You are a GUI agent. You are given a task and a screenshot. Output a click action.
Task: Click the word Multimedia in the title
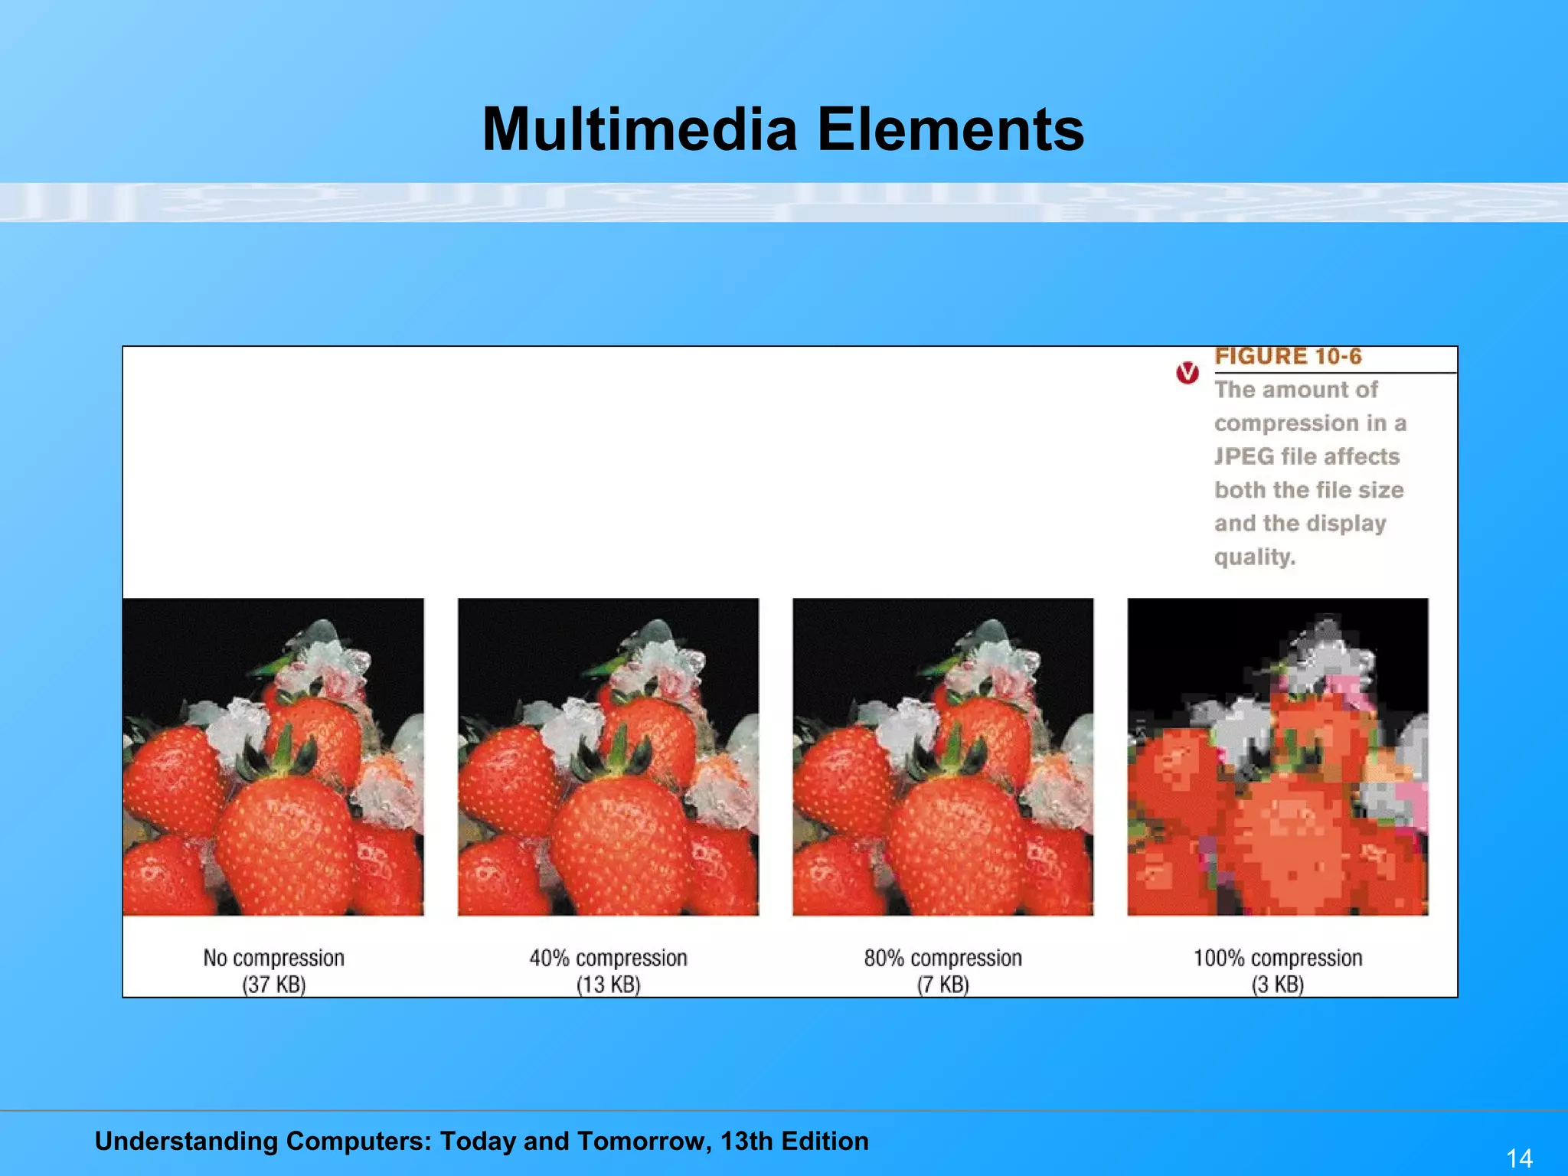[640, 129]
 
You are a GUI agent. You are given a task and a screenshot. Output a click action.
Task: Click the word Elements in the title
[950, 129]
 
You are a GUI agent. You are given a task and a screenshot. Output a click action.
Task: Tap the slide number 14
[1519, 1158]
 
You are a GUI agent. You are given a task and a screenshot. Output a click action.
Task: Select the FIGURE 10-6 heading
[1288, 357]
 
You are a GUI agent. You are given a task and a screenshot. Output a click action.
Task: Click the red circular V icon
[1187, 373]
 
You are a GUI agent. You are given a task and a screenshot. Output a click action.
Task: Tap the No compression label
[273, 958]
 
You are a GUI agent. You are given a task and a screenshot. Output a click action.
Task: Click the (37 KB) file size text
[273, 985]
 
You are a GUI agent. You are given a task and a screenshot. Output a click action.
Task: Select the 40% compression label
[608, 958]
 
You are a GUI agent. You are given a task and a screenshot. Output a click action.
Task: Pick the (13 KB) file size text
[608, 985]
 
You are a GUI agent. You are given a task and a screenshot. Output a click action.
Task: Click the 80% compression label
[942, 958]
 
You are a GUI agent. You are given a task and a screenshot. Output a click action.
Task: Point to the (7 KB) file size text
[942, 985]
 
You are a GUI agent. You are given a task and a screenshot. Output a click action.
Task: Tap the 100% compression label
[1277, 958]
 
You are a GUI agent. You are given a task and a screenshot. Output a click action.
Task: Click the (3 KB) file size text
[1277, 985]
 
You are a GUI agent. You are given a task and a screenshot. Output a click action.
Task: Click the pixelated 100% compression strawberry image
[1277, 756]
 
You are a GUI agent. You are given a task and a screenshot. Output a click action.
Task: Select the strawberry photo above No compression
[273, 756]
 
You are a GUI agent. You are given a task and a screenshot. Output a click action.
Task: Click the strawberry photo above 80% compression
[942, 756]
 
